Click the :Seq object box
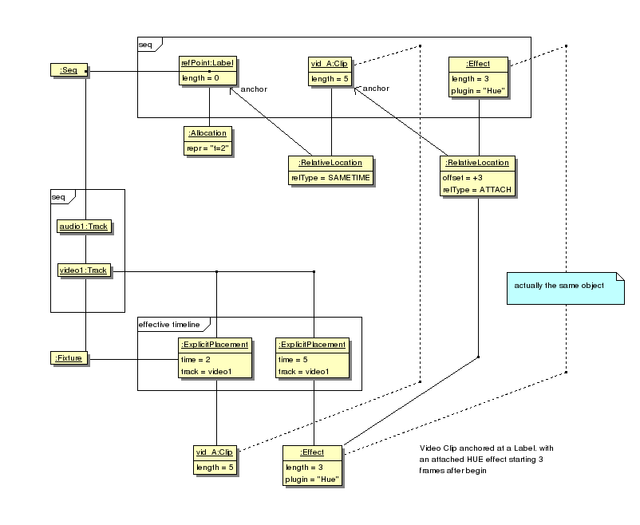(x=68, y=71)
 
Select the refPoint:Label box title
(x=208, y=63)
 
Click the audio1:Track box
(x=82, y=227)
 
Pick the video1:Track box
(x=82, y=270)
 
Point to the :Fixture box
(x=67, y=359)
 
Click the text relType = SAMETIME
(x=330, y=177)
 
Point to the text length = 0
(x=201, y=78)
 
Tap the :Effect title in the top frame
(x=479, y=63)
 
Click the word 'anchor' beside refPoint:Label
(x=253, y=89)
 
